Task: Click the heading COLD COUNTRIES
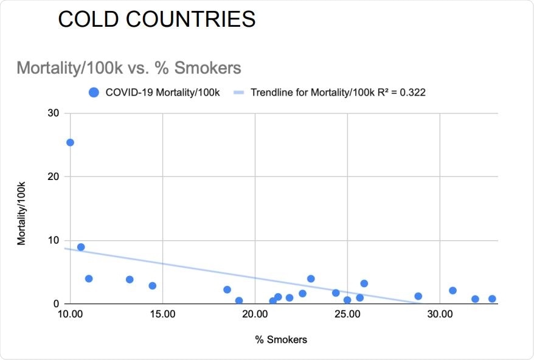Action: point(156,19)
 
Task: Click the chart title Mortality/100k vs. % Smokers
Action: point(128,67)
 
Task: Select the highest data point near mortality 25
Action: point(70,142)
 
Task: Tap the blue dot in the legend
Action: point(94,92)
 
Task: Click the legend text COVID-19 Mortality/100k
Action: point(162,92)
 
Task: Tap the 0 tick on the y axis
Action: point(57,304)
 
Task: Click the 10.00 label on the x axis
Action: point(70,315)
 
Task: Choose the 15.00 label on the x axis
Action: point(162,315)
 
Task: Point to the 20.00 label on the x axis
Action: point(255,315)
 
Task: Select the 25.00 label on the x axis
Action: point(347,315)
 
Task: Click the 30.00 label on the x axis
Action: point(440,315)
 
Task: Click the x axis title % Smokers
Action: point(281,340)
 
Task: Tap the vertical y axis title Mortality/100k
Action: point(22,208)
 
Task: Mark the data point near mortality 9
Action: point(81,247)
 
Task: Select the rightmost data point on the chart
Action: point(492,299)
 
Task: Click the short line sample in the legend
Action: point(240,92)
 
